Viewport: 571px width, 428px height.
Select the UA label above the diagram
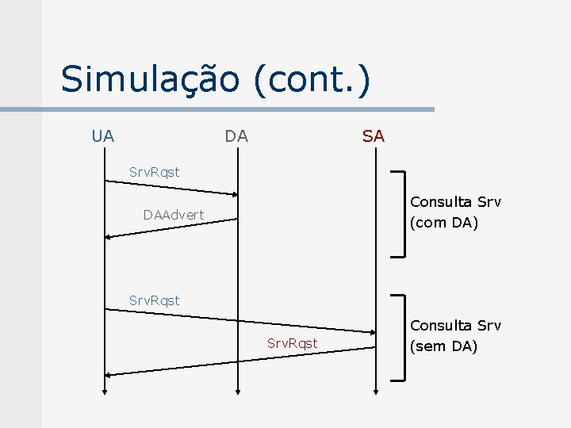click(x=102, y=136)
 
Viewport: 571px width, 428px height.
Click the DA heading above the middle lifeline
click(x=236, y=136)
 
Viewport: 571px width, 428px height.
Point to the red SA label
click(x=373, y=136)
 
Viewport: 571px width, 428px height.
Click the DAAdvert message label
click(x=173, y=215)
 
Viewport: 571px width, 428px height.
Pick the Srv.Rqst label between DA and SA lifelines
click(x=292, y=343)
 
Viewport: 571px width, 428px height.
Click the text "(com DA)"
click(x=443, y=223)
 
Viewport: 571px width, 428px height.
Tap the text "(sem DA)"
click(x=443, y=346)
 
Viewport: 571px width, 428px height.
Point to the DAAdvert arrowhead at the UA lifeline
click(x=109, y=235)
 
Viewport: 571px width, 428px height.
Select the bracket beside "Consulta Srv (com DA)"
click(x=403, y=213)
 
